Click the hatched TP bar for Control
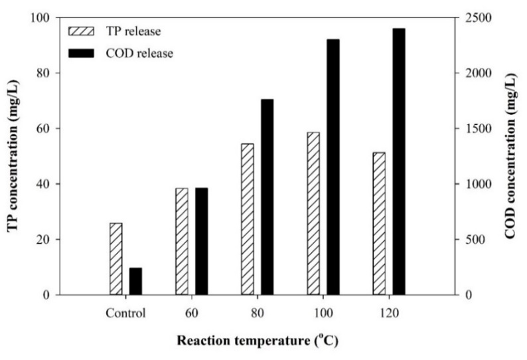pyautogui.click(x=116, y=259)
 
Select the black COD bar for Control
pyautogui.click(x=136, y=281)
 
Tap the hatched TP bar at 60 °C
pyautogui.click(x=182, y=242)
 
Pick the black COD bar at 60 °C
pyautogui.click(x=202, y=242)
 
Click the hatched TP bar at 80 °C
pyautogui.click(x=248, y=219)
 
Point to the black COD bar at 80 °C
pyautogui.click(x=267, y=197)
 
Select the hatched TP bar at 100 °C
pyautogui.click(x=313, y=214)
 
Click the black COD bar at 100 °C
pyautogui.click(x=333, y=167)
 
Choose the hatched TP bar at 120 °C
pyautogui.click(x=379, y=224)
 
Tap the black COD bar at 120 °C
pyautogui.click(x=399, y=162)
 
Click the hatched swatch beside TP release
pyautogui.click(x=82, y=31)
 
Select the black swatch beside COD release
pyautogui.click(x=82, y=53)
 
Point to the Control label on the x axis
pyautogui.click(x=125, y=314)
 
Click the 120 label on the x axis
pyautogui.click(x=389, y=314)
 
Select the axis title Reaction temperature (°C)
pyautogui.click(x=258, y=341)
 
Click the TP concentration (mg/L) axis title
pyautogui.click(x=13, y=156)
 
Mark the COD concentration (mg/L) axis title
pyautogui.click(x=510, y=156)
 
